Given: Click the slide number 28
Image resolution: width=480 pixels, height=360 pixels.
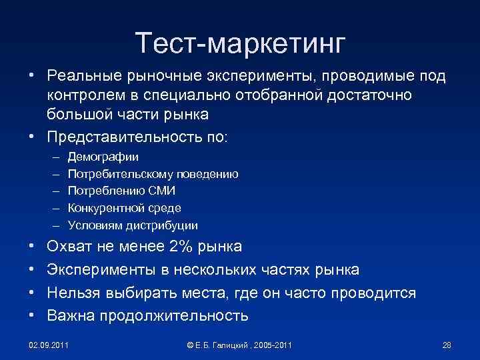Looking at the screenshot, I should (447, 345).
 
